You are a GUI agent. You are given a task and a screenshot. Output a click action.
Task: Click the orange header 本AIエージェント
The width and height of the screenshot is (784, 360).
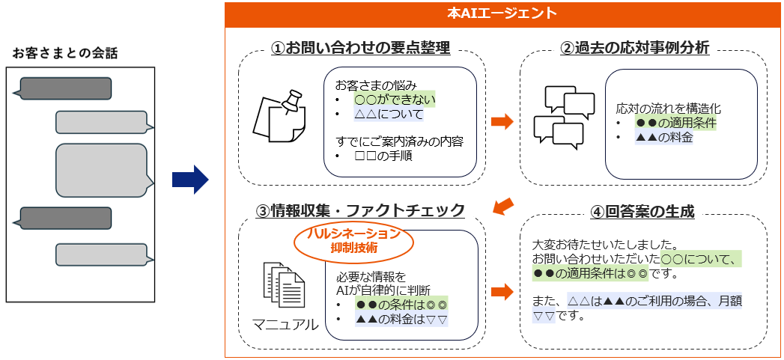tap(502, 13)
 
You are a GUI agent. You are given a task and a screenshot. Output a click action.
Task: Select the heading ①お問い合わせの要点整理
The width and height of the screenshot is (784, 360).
tap(361, 49)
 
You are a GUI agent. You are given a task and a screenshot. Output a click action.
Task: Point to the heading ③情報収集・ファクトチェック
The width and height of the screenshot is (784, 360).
tap(360, 210)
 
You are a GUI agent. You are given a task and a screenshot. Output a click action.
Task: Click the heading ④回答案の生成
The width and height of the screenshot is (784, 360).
tap(642, 212)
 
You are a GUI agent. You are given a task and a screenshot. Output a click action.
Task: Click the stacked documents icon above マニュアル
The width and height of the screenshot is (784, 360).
tap(283, 287)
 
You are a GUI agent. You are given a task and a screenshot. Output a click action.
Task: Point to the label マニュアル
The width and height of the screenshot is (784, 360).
tap(285, 325)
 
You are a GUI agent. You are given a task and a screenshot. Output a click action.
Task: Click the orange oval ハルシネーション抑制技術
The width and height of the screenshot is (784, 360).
tap(353, 240)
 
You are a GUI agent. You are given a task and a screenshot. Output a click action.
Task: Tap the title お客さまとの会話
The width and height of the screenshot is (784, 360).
tap(65, 53)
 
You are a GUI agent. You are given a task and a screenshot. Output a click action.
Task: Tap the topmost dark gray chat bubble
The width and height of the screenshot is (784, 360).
tap(64, 88)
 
